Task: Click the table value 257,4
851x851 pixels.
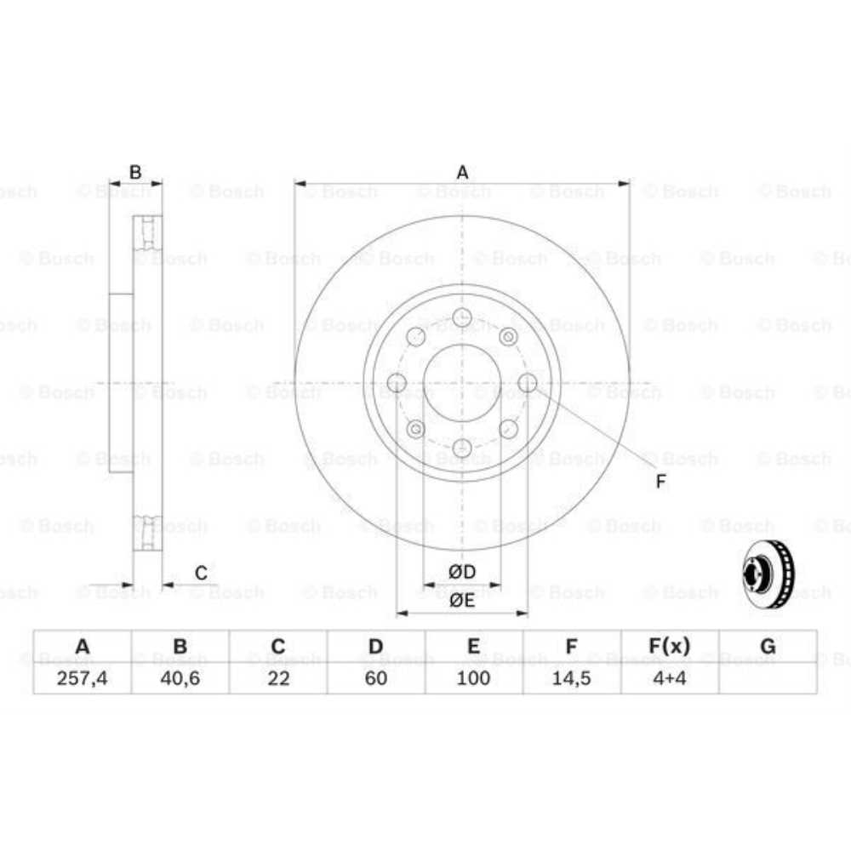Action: pyautogui.click(x=82, y=677)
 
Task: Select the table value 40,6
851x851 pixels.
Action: pyautogui.click(x=180, y=677)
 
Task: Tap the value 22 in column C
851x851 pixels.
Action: pyautogui.click(x=278, y=677)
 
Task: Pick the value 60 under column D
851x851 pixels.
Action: pyautogui.click(x=376, y=677)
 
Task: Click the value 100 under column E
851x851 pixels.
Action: pyautogui.click(x=474, y=677)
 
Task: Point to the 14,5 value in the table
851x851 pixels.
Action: pyautogui.click(x=572, y=677)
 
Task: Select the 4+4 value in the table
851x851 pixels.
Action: pyautogui.click(x=670, y=677)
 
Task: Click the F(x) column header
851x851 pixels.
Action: pyautogui.click(x=670, y=647)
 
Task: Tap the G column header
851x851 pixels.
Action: pyautogui.click(x=768, y=647)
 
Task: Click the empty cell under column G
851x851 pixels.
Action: pyautogui.click(x=768, y=677)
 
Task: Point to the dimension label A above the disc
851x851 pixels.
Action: pyautogui.click(x=462, y=173)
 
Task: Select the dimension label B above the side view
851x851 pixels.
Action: pyautogui.click(x=134, y=173)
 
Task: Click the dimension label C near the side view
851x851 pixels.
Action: pyautogui.click(x=201, y=574)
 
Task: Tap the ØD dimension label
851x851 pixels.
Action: pyautogui.click(x=462, y=571)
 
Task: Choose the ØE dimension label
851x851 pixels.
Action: pyautogui.click(x=462, y=600)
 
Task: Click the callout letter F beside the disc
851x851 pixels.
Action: pyautogui.click(x=660, y=483)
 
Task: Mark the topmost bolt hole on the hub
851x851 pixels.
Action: pyautogui.click(x=462, y=318)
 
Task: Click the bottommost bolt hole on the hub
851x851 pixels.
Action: pyautogui.click(x=462, y=448)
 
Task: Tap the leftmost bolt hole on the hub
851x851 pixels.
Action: pyautogui.click(x=397, y=383)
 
